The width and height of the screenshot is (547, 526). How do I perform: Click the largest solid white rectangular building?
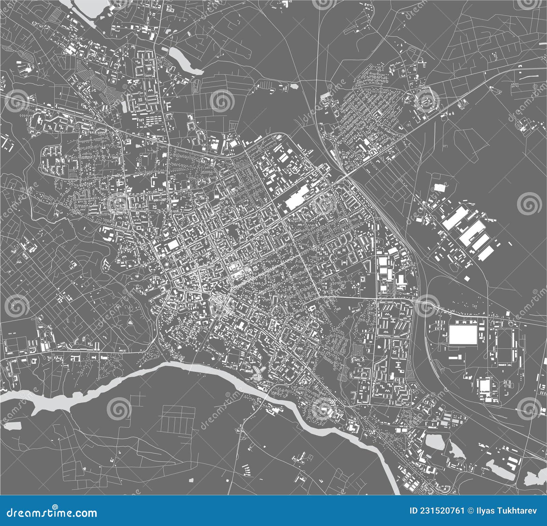coord(463,334)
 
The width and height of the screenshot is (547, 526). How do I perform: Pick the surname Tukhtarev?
coord(518,511)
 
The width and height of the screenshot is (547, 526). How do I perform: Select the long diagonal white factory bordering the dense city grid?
coord(296,198)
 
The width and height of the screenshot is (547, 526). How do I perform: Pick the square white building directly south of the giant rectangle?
coord(484,386)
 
